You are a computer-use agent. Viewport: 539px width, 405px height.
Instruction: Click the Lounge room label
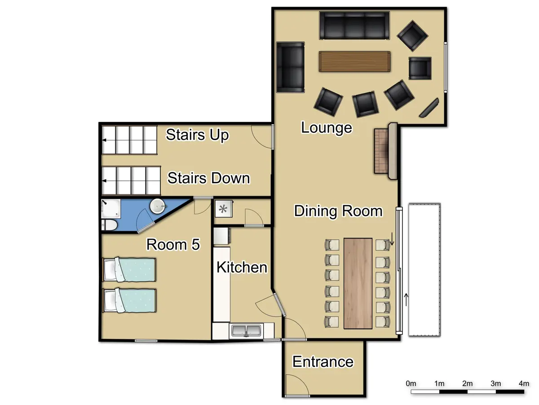(x=327, y=128)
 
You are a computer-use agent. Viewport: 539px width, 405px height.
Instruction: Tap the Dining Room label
(x=338, y=211)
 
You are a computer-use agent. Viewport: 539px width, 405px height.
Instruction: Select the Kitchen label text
(x=242, y=267)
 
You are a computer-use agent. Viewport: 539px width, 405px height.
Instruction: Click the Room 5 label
(x=173, y=244)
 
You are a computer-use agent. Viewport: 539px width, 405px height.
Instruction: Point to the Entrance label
(x=323, y=362)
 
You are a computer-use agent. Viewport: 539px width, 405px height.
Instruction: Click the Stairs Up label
(x=197, y=135)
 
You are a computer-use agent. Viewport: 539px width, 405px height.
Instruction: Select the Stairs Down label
(x=208, y=178)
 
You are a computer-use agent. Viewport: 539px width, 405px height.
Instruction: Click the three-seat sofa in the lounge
(x=354, y=26)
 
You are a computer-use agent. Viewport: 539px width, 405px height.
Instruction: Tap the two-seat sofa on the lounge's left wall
(x=290, y=67)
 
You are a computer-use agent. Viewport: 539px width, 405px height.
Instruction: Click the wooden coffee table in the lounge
(x=354, y=62)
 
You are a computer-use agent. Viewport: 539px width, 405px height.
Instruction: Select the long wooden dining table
(x=358, y=283)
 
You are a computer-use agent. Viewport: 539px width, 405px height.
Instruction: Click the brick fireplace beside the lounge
(x=381, y=151)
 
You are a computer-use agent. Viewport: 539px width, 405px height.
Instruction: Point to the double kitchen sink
(x=246, y=331)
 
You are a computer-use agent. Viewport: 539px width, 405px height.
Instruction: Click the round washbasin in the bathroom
(x=158, y=207)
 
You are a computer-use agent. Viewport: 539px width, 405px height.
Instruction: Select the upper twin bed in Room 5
(x=129, y=269)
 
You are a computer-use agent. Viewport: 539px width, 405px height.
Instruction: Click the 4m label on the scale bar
(x=524, y=383)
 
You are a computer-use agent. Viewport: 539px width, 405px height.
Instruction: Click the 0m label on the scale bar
(x=411, y=383)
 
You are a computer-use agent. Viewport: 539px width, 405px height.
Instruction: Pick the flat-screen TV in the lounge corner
(x=429, y=108)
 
